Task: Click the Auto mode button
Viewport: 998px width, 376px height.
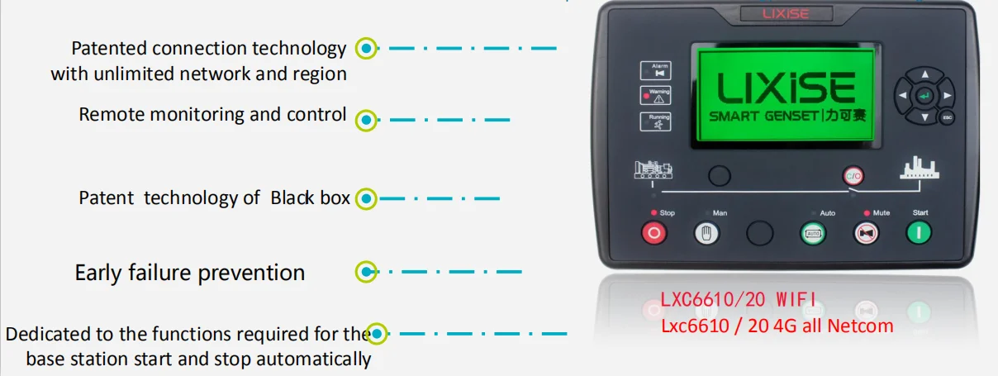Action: tap(812, 233)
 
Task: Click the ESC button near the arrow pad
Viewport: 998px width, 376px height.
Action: tap(948, 117)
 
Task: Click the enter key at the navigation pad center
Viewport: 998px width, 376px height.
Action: tap(924, 96)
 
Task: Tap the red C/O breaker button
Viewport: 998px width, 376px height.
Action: tap(853, 175)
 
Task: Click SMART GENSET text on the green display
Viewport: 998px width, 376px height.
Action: tap(765, 116)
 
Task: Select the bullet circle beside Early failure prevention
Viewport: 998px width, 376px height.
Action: tap(365, 271)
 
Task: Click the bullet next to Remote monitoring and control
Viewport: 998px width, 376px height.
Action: tap(365, 119)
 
